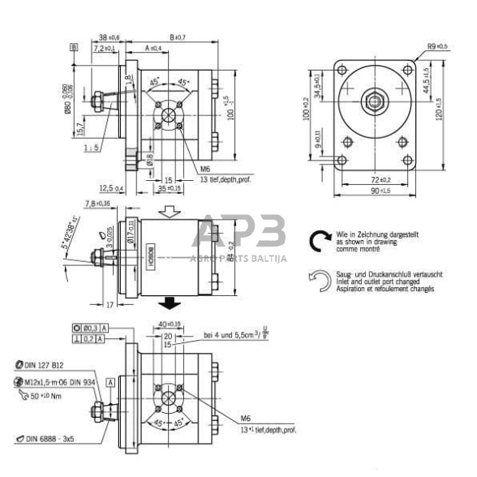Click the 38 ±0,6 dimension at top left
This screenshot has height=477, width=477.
point(108,37)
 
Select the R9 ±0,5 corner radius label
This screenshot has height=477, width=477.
point(432,45)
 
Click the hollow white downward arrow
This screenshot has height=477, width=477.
point(170,210)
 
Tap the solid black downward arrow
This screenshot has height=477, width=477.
point(170,303)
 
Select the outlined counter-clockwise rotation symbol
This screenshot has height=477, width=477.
point(319,281)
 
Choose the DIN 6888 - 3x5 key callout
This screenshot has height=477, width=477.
point(54,439)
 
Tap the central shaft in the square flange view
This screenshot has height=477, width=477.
point(376,103)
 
